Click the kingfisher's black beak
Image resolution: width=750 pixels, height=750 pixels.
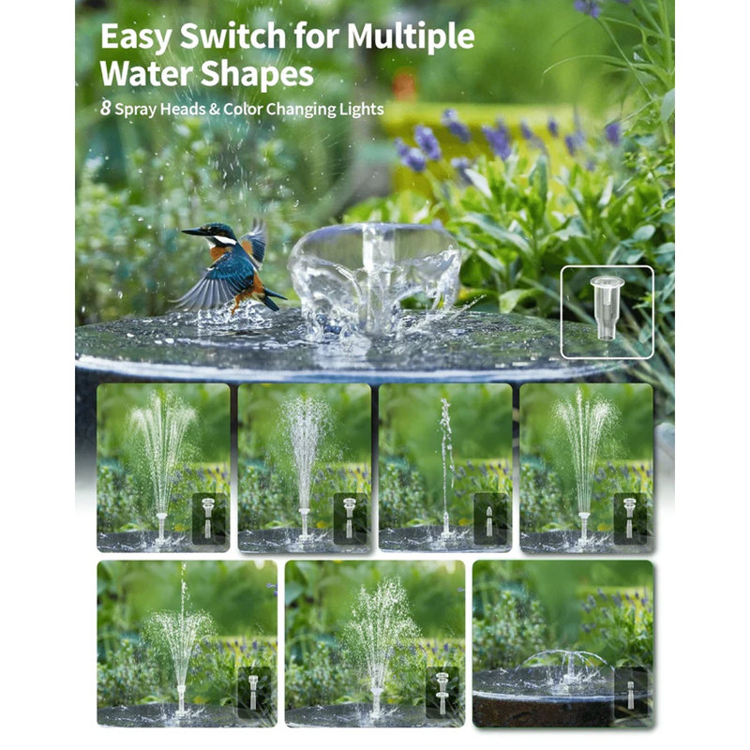click(194, 232)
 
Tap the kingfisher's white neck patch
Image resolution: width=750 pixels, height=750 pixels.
click(224, 240)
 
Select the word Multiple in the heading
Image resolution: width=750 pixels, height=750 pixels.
click(411, 37)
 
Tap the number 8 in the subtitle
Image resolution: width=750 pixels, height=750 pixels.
click(105, 109)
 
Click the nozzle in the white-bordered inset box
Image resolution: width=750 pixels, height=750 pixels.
click(606, 308)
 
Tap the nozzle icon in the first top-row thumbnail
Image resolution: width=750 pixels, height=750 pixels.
click(208, 517)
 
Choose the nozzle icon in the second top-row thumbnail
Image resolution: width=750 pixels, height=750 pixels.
click(350, 517)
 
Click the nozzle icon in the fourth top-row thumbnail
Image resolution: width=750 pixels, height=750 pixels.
click(629, 517)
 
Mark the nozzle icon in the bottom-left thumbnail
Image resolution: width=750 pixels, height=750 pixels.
click(253, 691)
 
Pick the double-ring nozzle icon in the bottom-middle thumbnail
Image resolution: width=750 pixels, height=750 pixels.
click(442, 692)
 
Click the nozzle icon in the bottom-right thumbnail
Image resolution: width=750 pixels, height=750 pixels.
click(631, 695)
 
